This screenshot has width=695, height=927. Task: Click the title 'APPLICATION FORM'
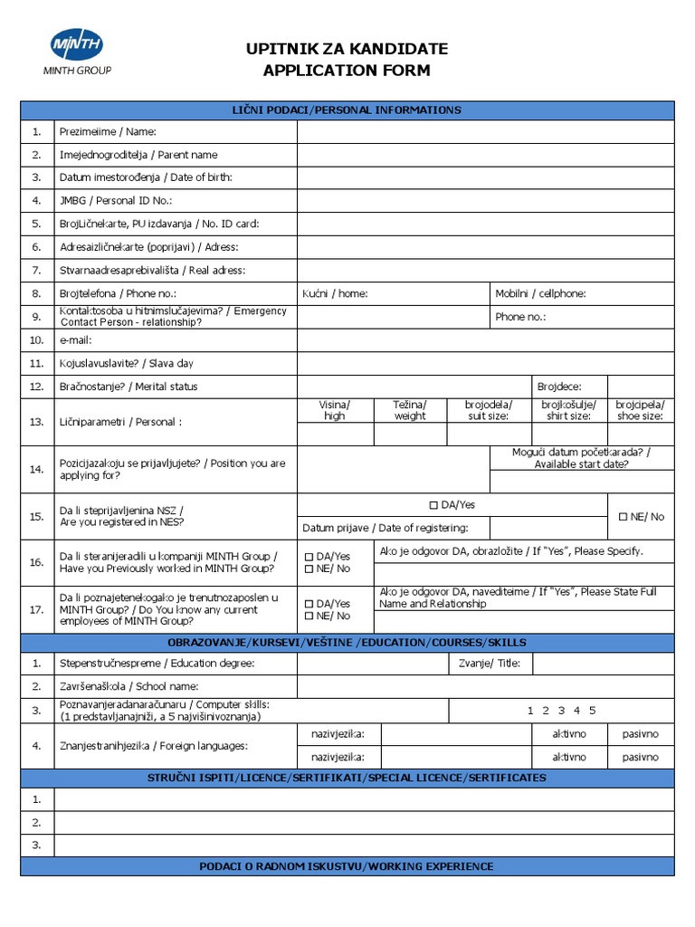tap(347, 71)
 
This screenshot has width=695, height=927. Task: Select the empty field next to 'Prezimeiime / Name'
tap(485, 132)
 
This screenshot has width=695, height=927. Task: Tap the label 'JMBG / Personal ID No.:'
tap(115, 200)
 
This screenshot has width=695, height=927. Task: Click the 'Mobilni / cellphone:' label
tap(540, 293)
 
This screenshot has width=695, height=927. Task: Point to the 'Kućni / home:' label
tap(335, 293)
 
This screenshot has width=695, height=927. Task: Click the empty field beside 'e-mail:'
tap(485, 340)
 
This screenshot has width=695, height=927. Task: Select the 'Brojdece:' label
tap(559, 387)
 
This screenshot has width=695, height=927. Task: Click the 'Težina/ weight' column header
tap(409, 410)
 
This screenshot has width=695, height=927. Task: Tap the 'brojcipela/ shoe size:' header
tap(640, 410)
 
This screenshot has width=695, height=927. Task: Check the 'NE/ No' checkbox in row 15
tap(623, 517)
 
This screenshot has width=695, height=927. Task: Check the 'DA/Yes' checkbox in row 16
tap(309, 556)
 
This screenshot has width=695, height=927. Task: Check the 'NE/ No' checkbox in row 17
tap(309, 616)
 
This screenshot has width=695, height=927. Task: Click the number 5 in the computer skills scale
tap(593, 711)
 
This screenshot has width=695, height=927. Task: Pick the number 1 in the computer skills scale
tap(531, 711)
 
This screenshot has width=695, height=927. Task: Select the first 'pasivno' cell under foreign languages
tap(640, 733)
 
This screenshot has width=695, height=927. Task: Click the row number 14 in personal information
tap(36, 469)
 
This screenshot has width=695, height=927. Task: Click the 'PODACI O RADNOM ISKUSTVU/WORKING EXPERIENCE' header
tap(347, 866)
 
